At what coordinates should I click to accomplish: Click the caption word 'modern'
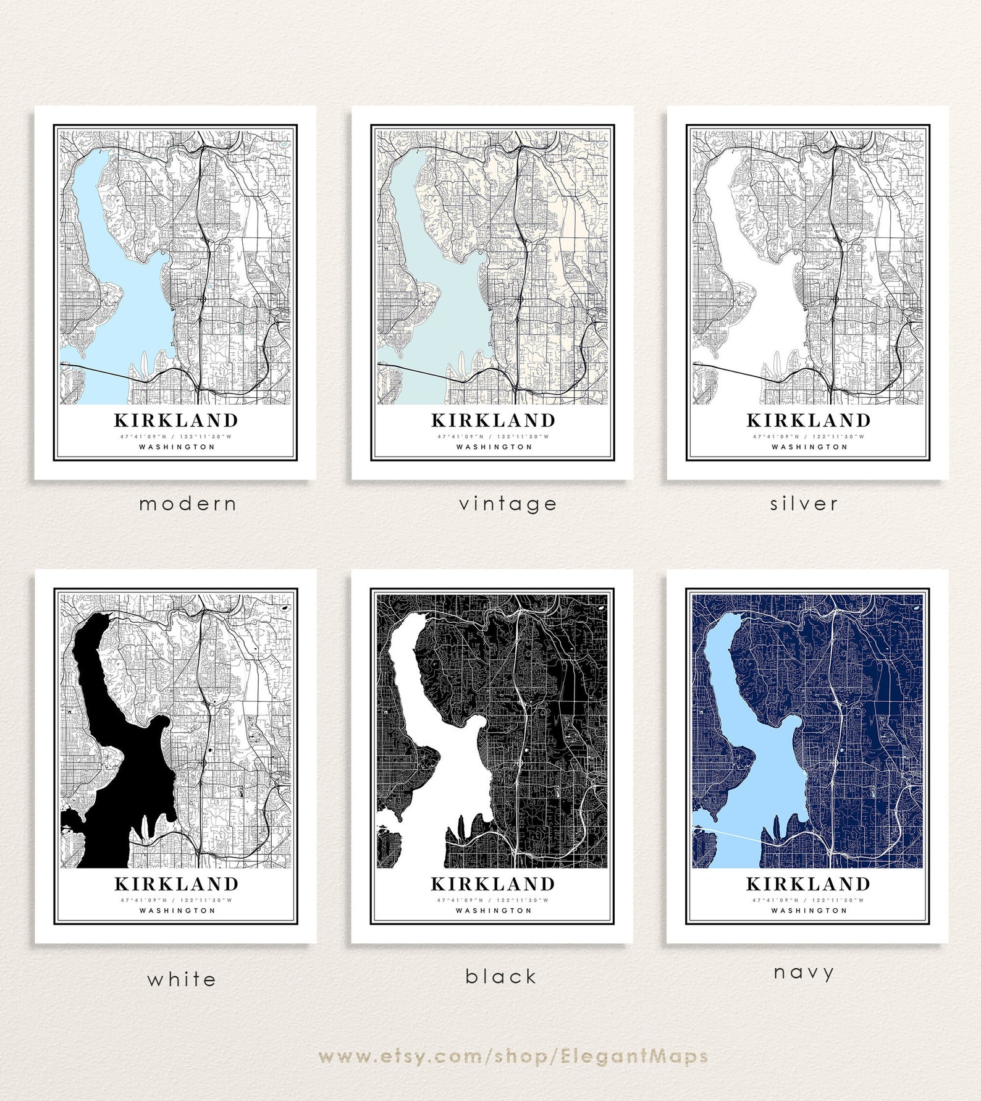188,504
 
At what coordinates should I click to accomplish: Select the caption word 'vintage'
508,504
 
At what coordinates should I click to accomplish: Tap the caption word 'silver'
804,504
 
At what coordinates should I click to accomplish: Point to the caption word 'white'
182,979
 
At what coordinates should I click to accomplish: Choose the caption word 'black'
500,977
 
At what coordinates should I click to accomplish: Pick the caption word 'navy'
804,972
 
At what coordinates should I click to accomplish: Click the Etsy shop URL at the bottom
513,1057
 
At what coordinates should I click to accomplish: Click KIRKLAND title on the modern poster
176,421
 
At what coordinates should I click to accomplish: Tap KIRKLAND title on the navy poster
808,884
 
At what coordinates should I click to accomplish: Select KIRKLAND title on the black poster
492,884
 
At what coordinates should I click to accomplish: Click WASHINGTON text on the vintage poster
494,447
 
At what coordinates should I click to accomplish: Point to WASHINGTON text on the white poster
177,910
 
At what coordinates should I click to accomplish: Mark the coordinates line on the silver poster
808,436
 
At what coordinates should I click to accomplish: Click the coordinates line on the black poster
492,900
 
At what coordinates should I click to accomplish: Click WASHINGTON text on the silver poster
809,447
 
